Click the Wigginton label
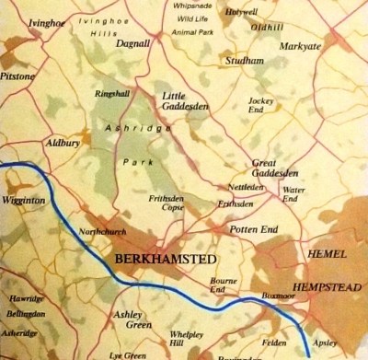pyautogui.click(x=23, y=199)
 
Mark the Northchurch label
pyautogui.click(x=100, y=230)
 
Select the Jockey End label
pyautogui.click(x=266, y=103)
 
